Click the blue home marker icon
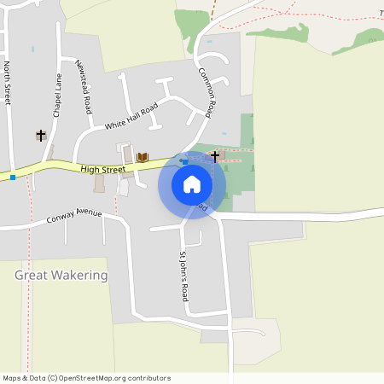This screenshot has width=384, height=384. pyautogui.click(x=192, y=184)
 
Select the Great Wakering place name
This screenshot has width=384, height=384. pyautogui.click(x=61, y=276)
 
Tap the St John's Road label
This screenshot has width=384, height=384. pyautogui.click(x=183, y=276)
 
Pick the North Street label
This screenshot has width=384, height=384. pyautogui.click(x=7, y=83)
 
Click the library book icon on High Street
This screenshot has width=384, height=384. pyautogui.click(x=143, y=157)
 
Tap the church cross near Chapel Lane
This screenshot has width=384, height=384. pyautogui.click(x=40, y=136)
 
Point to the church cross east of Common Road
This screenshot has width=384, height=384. pyautogui.click(x=215, y=156)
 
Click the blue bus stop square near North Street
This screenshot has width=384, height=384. pyautogui.click(x=13, y=177)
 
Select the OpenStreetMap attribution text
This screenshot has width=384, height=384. pyautogui.click(x=86, y=378)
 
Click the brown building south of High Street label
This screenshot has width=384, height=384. pyautogui.click(x=99, y=183)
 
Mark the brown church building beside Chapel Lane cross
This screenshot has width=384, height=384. pyautogui.click(x=49, y=152)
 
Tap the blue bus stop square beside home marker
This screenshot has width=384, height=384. pyautogui.click(x=185, y=161)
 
